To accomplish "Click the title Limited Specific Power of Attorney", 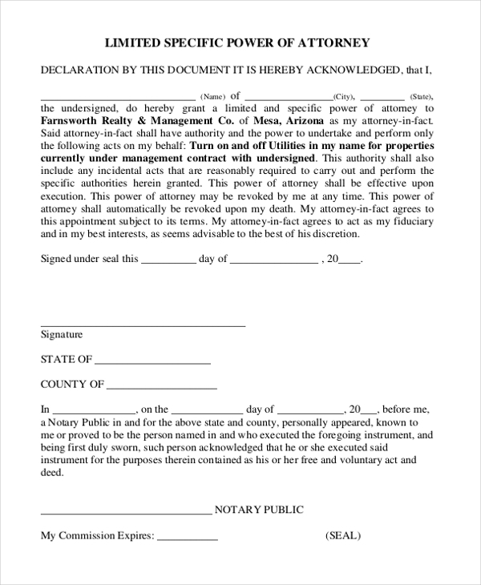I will [x=238, y=42].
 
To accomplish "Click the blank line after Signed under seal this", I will [x=168, y=261].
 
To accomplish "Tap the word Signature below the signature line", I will [x=62, y=335].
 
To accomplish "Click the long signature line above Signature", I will [x=143, y=325].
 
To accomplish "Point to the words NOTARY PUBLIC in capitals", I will [x=259, y=510].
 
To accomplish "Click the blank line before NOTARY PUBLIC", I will [x=125, y=513].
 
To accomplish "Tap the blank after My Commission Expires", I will [x=187, y=539].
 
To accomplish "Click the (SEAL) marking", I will [x=343, y=535].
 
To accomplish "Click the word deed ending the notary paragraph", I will [x=51, y=473].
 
